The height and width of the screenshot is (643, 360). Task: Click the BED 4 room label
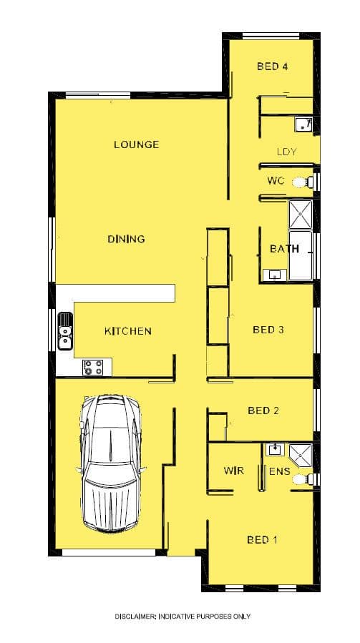click(272, 66)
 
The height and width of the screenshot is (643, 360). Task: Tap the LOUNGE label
click(136, 144)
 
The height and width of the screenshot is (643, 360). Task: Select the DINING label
click(126, 239)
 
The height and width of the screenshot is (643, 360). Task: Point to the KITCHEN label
click(127, 331)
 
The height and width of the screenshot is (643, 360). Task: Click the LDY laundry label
click(286, 152)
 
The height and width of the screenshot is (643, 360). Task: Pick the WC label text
click(276, 181)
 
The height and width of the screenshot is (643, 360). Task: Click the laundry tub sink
click(303, 124)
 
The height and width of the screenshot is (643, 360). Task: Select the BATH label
click(284, 248)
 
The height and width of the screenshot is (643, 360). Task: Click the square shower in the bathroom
click(301, 215)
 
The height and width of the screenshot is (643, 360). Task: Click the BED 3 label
click(268, 329)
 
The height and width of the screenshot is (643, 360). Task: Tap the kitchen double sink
click(65, 331)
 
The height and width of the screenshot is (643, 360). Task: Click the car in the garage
click(111, 463)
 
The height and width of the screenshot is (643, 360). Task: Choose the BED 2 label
click(263, 411)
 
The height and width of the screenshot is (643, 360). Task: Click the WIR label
click(233, 471)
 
